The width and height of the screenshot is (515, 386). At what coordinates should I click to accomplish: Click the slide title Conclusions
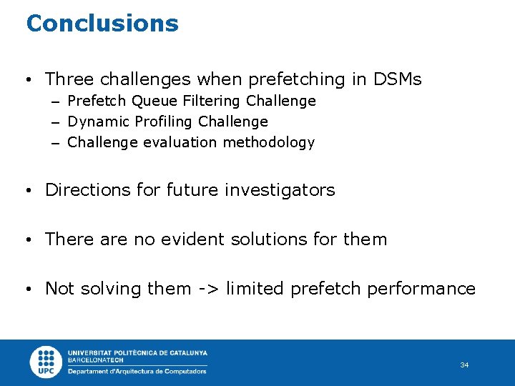point(102,23)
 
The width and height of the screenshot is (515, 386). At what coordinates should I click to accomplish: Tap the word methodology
point(268,142)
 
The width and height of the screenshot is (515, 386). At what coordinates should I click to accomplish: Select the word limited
point(255,289)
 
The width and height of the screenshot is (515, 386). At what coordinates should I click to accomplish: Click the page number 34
point(464,365)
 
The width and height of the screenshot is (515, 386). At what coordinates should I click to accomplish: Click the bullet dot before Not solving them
point(27,289)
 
